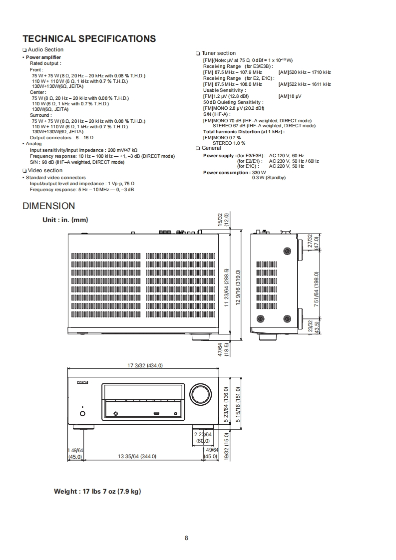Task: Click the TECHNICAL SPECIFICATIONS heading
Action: pos(89,38)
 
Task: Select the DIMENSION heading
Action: pos(49,206)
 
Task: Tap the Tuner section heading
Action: pos(218,53)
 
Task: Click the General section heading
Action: pos(211,148)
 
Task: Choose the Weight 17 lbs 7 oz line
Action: pos(97,492)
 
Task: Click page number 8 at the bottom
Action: pos(186,538)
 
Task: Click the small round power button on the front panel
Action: pos(82,413)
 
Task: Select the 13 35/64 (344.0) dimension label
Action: pos(137,456)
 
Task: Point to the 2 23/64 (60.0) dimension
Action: pos(203,438)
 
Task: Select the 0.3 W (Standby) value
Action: pos(269,178)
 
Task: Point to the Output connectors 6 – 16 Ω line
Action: pos(61,138)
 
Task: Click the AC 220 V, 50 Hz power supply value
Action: pos(286,166)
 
